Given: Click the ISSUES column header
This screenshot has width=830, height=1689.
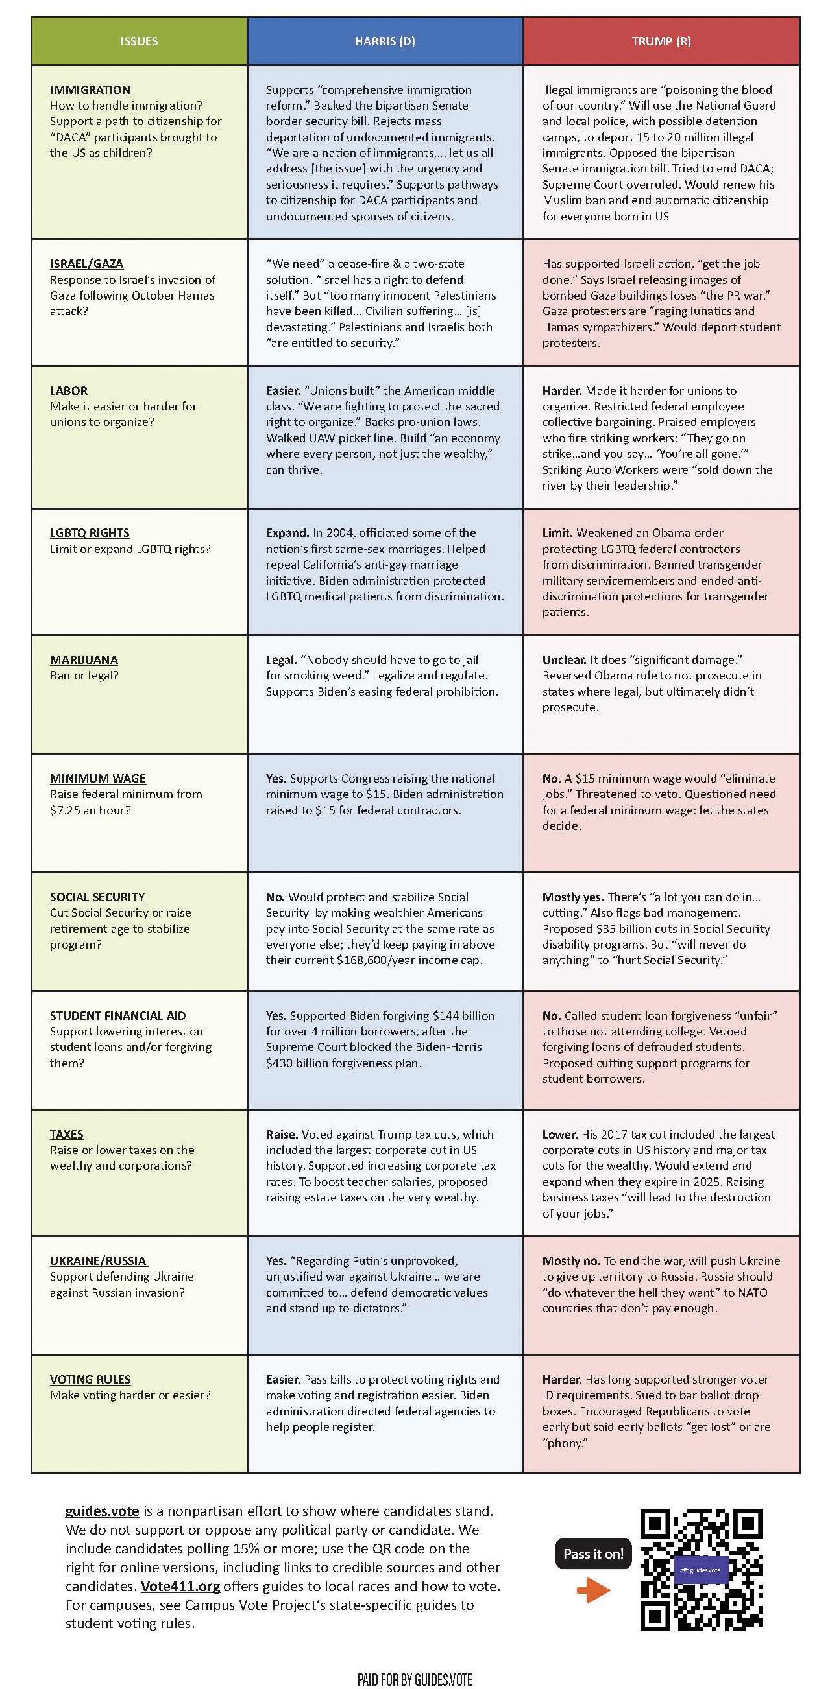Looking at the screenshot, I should click(x=138, y=41).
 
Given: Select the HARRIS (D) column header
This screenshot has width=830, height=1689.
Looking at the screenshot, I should click(x=384, y=41).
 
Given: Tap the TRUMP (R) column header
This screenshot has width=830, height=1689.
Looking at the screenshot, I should click(x=661, y=41).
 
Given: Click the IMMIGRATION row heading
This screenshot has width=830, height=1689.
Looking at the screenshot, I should click(x=90, y=90).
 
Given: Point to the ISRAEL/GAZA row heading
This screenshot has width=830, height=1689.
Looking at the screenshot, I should click(x=86, y=264).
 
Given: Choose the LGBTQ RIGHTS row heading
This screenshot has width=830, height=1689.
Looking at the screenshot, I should click(x=90, y=532).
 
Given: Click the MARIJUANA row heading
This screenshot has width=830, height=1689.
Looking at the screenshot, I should click(x=84, y=659).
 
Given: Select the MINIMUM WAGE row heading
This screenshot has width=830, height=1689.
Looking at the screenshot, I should click(x=98, y=778).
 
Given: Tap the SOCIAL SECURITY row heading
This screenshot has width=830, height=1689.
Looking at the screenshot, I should click(x=97, y=897).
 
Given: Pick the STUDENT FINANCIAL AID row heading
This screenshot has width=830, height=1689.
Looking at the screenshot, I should click(x=118, y=1015).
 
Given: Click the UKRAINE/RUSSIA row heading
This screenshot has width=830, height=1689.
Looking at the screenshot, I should click(x=99, y=1260).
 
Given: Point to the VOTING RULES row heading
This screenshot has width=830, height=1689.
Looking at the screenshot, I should click(x=90, y=1379).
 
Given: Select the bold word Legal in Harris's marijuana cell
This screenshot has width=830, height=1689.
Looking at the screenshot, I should click(x=280, y=659).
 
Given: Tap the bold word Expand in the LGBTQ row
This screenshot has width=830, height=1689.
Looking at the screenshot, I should click(x=287, y=532).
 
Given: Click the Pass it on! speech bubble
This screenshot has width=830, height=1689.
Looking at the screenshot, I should click(x=593, y=1554).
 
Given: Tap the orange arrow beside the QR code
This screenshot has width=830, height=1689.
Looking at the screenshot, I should click(x=593, y=1590).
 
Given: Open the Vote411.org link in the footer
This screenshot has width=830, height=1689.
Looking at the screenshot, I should click(x=180, y=1587).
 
